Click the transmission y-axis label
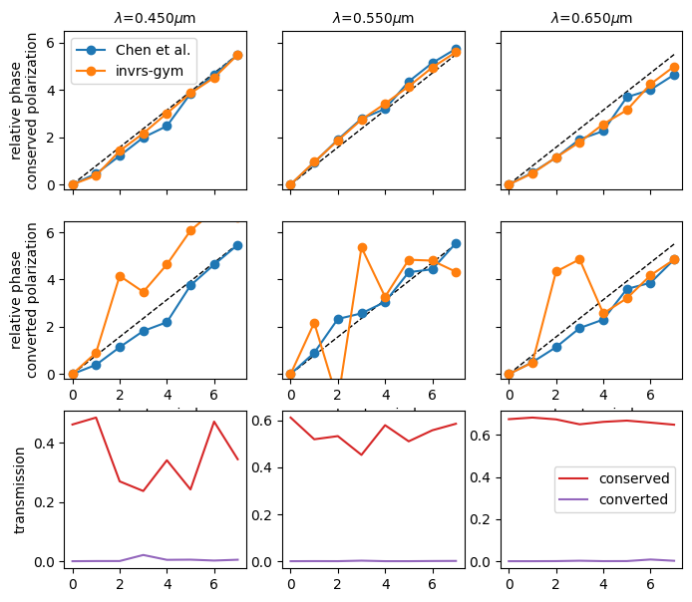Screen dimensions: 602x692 pyautogui.click(x=21, y=489)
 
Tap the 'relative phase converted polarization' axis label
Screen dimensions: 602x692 pyautogui.click(x=29, y=298)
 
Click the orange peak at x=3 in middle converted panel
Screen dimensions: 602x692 pyautogui.click(x=362, y=247)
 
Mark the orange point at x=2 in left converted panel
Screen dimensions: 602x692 pyautogui.click(x=120, y=276)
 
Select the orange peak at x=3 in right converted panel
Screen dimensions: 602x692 pyautogui.click(x=579, y=259)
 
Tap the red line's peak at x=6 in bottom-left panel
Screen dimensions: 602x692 pyautogui.click(x=214, y=422)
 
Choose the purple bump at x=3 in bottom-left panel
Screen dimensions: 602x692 pyautogui.click(x=144, y=555)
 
